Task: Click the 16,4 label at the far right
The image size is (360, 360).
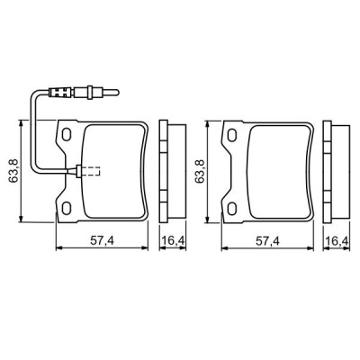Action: pos(338,240)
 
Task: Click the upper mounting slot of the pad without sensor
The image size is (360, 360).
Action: pos(231,135)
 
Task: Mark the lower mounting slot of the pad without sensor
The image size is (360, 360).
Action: pos(231,208)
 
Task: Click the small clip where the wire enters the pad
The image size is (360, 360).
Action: pos(80,171)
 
